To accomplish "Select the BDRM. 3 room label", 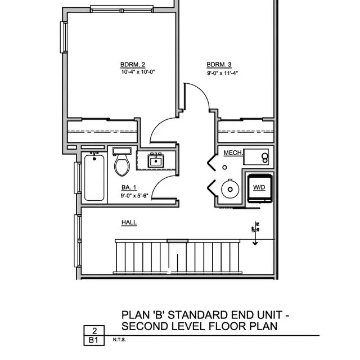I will [215, 64].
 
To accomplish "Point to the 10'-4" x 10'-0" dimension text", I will [137, 71].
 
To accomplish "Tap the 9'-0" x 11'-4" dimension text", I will [223, 72].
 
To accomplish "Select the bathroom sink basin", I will [156, 161].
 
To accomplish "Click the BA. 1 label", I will [128, 188].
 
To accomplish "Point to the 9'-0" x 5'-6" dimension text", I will [134, 196].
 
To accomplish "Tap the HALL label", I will [129, 223].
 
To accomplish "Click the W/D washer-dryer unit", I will [259, 187].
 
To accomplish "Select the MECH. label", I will [232, 153].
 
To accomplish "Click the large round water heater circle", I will [230, 188].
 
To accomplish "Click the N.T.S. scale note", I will [119, 340].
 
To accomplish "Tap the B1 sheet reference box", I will [94, 340].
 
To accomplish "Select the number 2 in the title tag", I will [94, 331].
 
